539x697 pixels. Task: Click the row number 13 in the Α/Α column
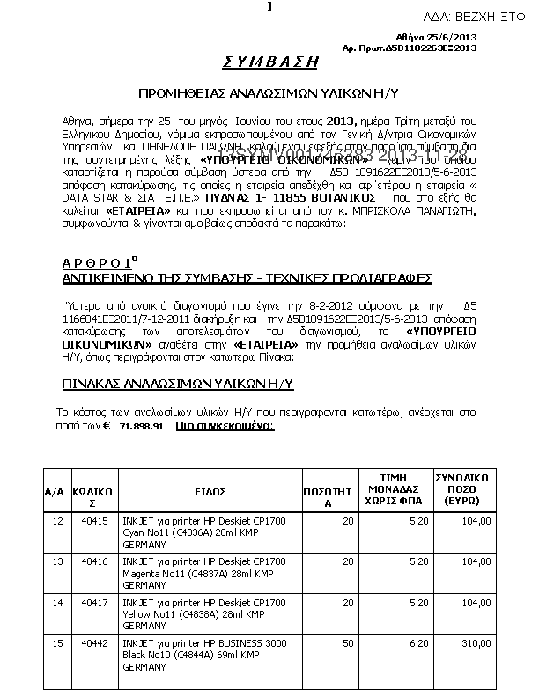click(x=58, y=561)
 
